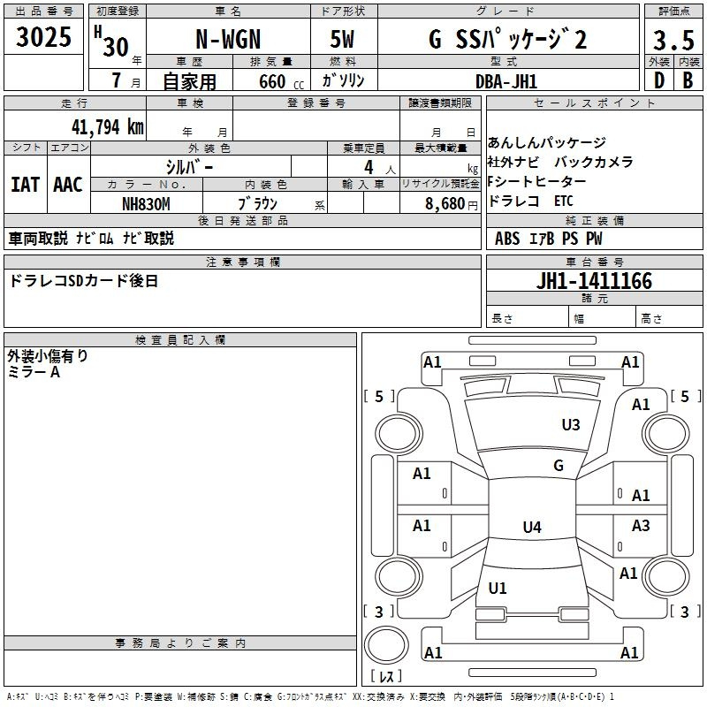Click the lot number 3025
(44, 38)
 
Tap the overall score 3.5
(672, 41)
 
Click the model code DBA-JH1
(506, 80)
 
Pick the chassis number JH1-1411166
(594, 282)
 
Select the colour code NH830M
(146, 204)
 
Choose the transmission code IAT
(25, 185)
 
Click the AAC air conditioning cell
(67, 185)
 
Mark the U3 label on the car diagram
(571, 425)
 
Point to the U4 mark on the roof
(531, 528)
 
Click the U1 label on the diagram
(498, 588)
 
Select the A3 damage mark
(641, 526)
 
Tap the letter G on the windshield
(559, 465)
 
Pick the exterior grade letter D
(658, 80)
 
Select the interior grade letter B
(688, 80)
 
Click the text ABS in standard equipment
(507, 238)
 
